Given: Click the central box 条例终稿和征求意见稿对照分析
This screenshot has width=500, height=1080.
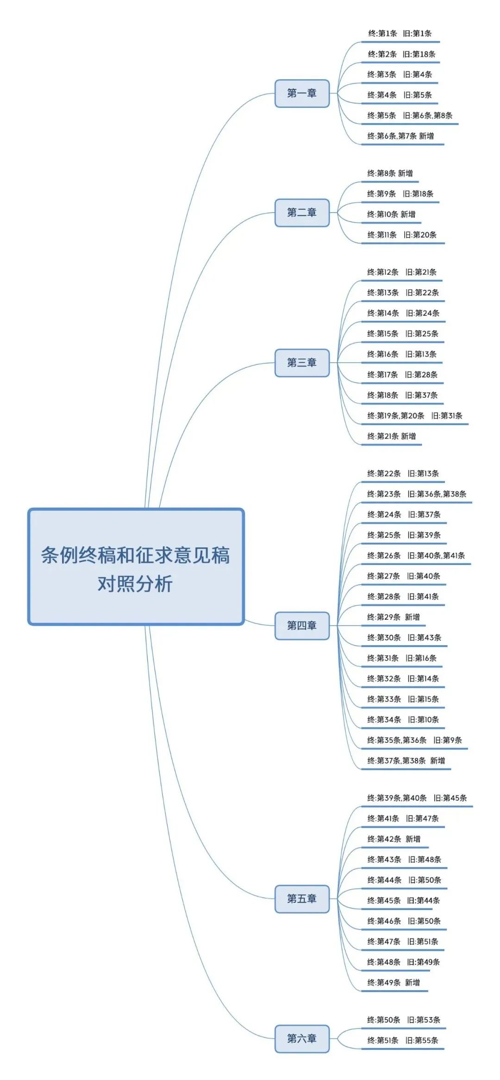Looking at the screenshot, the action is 136,567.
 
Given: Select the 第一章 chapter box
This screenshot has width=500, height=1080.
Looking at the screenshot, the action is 302,94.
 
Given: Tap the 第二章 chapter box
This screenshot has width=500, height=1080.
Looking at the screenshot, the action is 302,213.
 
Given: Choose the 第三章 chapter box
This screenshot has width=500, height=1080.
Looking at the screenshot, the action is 302,363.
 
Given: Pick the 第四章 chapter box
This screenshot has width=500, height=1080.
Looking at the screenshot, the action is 302,626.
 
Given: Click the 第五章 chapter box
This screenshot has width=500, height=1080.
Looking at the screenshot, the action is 302,899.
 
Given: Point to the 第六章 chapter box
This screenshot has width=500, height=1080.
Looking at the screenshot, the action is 302,1039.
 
